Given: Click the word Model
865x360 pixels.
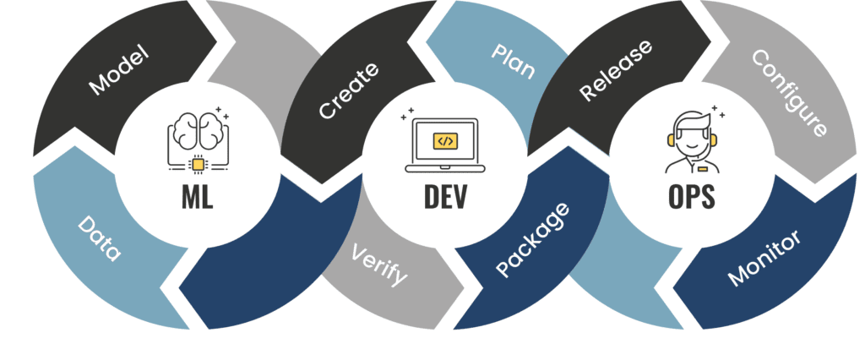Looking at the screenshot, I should point(118,70).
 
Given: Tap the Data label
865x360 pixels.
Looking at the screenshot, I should point(100,239).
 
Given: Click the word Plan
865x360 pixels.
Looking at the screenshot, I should point(513,60).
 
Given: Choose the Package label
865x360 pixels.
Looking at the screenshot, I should point(531,240).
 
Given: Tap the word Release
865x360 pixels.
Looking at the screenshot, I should point(616,71).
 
